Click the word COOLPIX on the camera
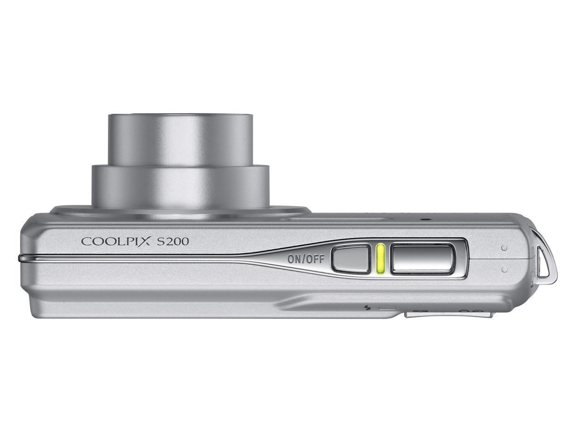coord(116,241)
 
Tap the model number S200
coord(172,241)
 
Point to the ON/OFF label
coord(306,259)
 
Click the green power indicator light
coord(380,259)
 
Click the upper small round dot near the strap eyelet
coord(504,248)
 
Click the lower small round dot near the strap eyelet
coord(504,269)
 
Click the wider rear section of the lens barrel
coord(181,186)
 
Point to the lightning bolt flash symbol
coord(369,307)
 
